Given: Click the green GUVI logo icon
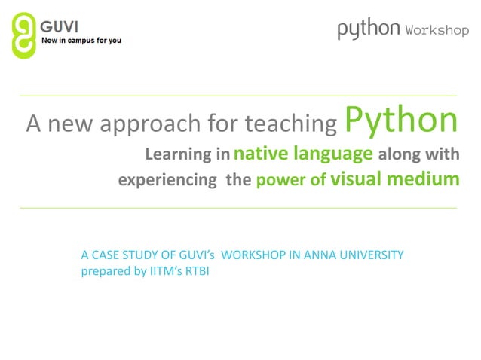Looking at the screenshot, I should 24,35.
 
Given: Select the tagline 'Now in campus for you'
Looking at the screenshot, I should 81,40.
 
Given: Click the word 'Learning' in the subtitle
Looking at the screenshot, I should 176,155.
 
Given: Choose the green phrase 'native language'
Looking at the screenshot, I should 303,154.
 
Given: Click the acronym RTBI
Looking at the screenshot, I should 196,271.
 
